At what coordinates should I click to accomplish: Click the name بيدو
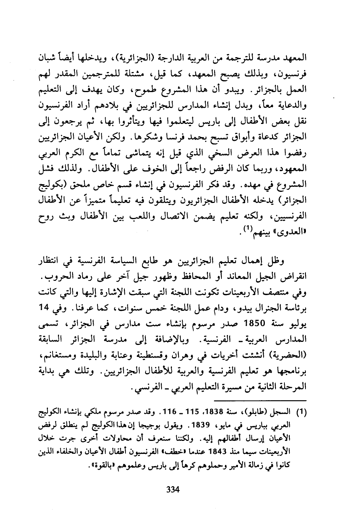tap(225, 310)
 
